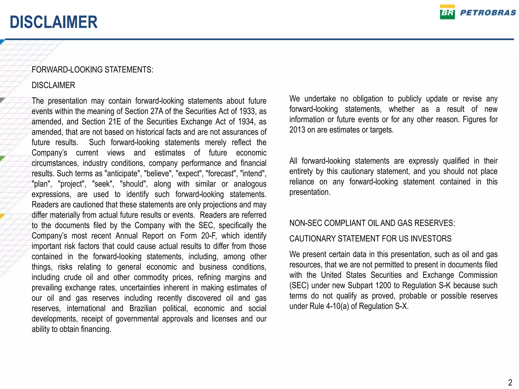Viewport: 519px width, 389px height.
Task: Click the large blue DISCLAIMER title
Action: point(53,22)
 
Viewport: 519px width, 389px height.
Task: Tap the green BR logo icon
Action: point(447,12)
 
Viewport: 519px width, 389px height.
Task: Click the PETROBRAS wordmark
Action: point(488,13)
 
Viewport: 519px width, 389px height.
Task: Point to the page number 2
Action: point(510,382)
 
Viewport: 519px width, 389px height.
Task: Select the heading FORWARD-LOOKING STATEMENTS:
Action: point(92,70)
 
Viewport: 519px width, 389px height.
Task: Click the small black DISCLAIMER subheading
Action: point(53,85)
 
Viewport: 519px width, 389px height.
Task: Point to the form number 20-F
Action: point(209,236)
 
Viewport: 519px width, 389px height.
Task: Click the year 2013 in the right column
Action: point(297,130)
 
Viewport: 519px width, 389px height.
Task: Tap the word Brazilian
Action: point(143,308)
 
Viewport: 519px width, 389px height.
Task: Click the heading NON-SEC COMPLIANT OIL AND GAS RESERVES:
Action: point(372,223)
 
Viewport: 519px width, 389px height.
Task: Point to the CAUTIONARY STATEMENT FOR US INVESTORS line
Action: point(370,239)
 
